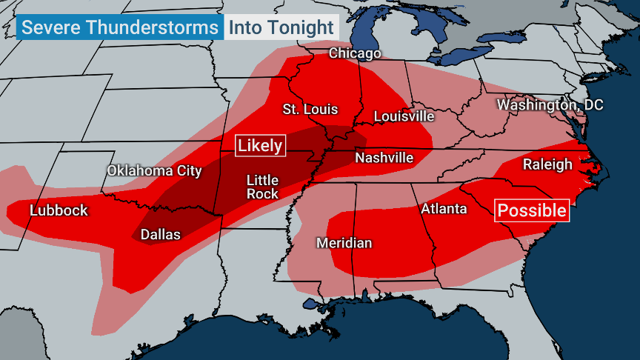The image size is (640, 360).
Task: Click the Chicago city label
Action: [x=355, y=53]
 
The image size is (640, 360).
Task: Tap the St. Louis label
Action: [x=310, y=110]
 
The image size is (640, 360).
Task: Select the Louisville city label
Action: [x=404, y=116]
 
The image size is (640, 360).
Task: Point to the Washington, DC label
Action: [x=550, y=105]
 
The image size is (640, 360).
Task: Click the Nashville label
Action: [x=384, y=158]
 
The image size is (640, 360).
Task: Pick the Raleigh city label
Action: [x=547, y=164]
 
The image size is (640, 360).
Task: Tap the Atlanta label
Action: [x=444, y=209]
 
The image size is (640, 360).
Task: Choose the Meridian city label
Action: [x=344, y=243]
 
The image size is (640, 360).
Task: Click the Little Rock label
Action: [x=262, y=187]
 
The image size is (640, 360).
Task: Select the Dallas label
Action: [x=161, y=234]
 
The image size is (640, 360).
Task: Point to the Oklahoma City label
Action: [x=154, y=171]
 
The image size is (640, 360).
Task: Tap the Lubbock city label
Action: [x=59, y=210]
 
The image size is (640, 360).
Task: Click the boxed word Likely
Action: [x=260, y=145]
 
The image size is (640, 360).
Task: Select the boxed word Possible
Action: [x=532, y=210]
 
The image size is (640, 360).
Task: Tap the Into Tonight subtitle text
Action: [x=281, y=28]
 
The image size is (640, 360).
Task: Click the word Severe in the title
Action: [x=52, y=28]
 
